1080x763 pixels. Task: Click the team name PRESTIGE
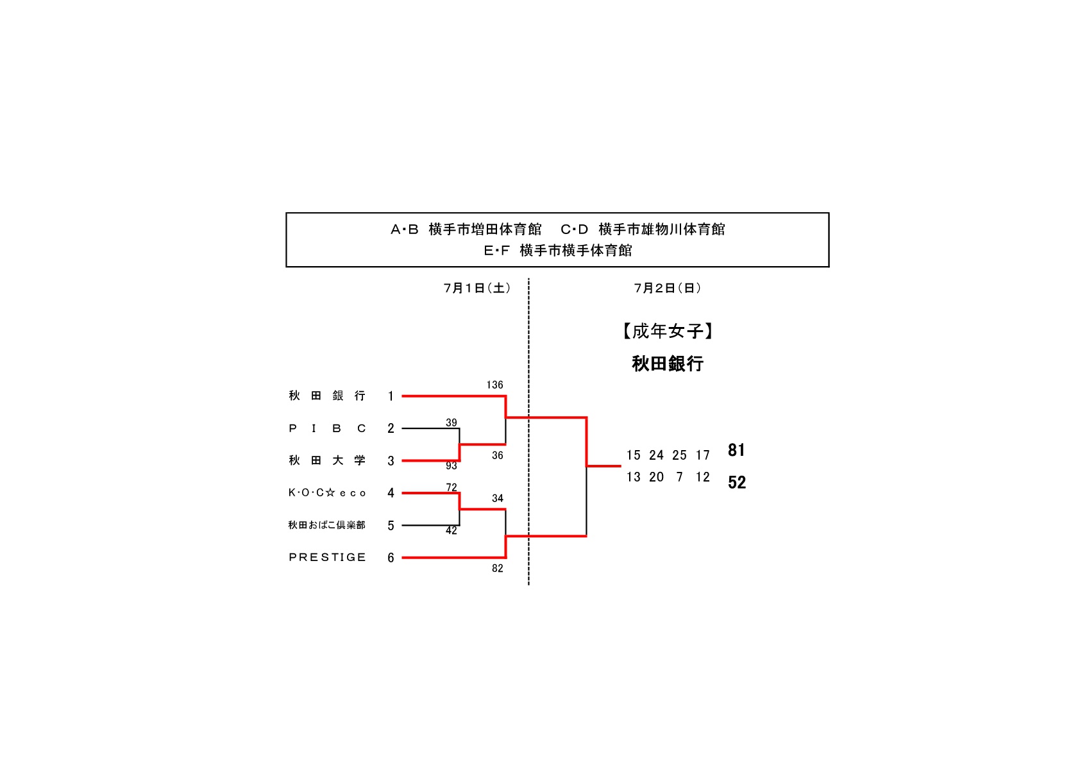327,557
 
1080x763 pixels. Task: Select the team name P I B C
327,428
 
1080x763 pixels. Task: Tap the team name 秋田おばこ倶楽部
326,525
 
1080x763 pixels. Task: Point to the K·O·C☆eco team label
327,493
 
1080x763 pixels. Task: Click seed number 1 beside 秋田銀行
391,396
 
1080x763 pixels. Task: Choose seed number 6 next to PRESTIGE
391,558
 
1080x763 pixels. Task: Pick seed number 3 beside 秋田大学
391,461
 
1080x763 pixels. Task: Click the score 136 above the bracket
494,385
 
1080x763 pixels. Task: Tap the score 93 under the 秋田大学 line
451,466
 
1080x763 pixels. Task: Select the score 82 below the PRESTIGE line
498,569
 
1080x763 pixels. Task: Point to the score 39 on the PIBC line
451,423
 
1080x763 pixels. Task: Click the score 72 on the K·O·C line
451,487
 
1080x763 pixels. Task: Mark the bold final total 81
736,450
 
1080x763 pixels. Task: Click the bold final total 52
737,482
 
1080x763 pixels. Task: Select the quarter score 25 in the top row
679,455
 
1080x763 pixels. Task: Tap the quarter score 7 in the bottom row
679,477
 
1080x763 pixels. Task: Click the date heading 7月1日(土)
477,289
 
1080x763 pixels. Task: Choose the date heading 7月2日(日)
668,289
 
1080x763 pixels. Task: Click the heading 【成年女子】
668,331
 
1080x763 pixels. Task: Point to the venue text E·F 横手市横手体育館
557,251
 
